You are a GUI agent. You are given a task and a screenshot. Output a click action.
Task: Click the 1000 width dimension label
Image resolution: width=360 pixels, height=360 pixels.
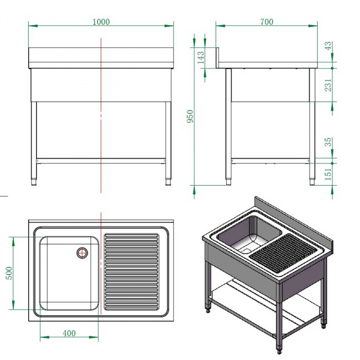101,22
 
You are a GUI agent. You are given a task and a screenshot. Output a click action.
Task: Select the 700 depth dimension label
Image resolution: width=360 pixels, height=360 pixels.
267,22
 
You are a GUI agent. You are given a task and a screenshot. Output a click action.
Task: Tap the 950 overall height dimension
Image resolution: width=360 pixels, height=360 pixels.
190,117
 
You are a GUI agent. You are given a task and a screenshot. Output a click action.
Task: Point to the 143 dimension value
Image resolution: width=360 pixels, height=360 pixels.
201,57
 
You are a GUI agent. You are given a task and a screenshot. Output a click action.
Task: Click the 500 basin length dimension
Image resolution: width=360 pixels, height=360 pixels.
9,273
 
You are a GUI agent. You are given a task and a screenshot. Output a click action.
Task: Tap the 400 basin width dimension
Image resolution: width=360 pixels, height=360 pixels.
69,333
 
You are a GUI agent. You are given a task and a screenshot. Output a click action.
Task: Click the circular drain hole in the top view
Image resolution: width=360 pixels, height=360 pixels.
82,252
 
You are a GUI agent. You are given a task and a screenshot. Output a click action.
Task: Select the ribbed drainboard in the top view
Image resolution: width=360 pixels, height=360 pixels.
132,272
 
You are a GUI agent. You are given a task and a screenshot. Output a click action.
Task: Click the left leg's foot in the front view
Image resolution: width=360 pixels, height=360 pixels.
34,181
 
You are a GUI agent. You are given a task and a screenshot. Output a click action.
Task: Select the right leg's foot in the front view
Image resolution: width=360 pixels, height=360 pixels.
168,181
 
